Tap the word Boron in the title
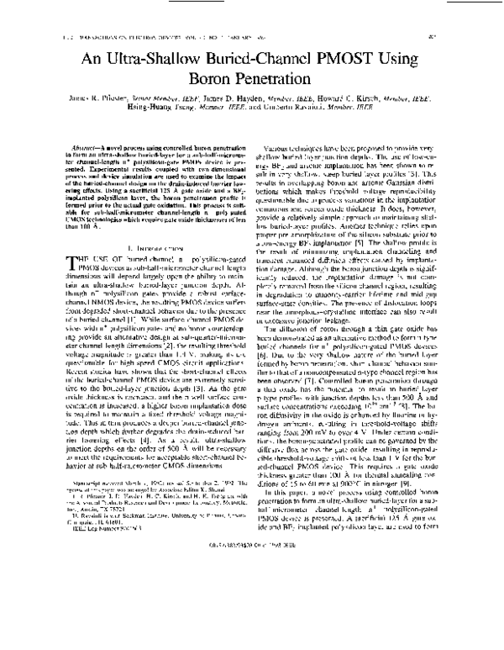tap(205, 82)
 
